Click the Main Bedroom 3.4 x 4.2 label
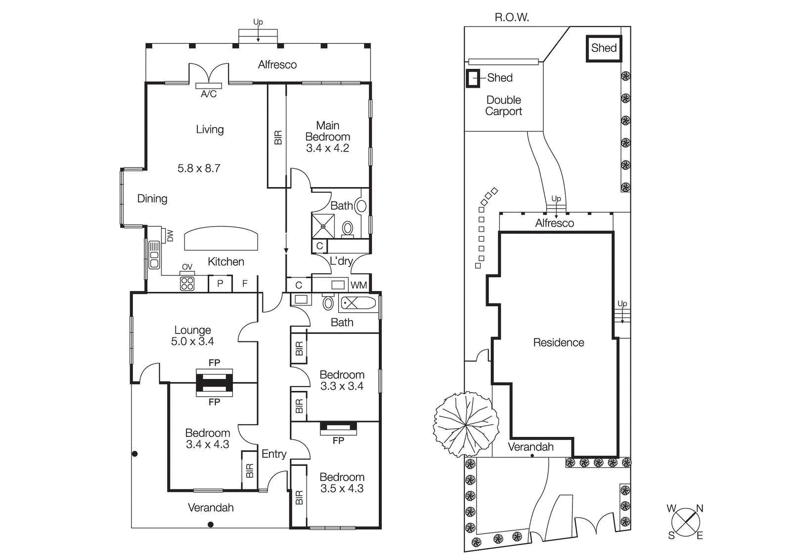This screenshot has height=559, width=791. (x=327, y=137)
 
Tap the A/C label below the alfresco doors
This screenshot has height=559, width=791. (x=209, y=94)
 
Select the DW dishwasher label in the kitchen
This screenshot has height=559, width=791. (x=170, y=235)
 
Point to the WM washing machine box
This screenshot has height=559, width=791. (x=359, y=285)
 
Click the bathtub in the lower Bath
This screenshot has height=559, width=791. (x=358, y=303)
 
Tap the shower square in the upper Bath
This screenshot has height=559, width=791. (x=323, y=226)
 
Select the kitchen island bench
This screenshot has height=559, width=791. (x=221, y=239)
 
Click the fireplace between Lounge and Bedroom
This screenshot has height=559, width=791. (x=214, y=382)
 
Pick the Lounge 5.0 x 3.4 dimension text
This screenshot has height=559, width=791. (x=192, y=341)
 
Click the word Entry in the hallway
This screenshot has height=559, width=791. (x=274, y=454)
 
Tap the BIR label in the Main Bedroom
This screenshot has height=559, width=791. (x=278, y=137)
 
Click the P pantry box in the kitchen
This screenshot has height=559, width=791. (x=220, y=284)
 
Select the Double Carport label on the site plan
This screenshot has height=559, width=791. (x=503, y=105)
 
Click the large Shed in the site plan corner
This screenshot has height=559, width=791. (x=604, y=48)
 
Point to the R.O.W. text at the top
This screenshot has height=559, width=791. (x=512, y=17)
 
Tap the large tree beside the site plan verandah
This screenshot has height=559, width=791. (x=466, y=424)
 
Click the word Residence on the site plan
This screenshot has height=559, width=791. (x=559, y=342)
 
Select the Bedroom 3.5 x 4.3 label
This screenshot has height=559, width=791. (x=342, y=482)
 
